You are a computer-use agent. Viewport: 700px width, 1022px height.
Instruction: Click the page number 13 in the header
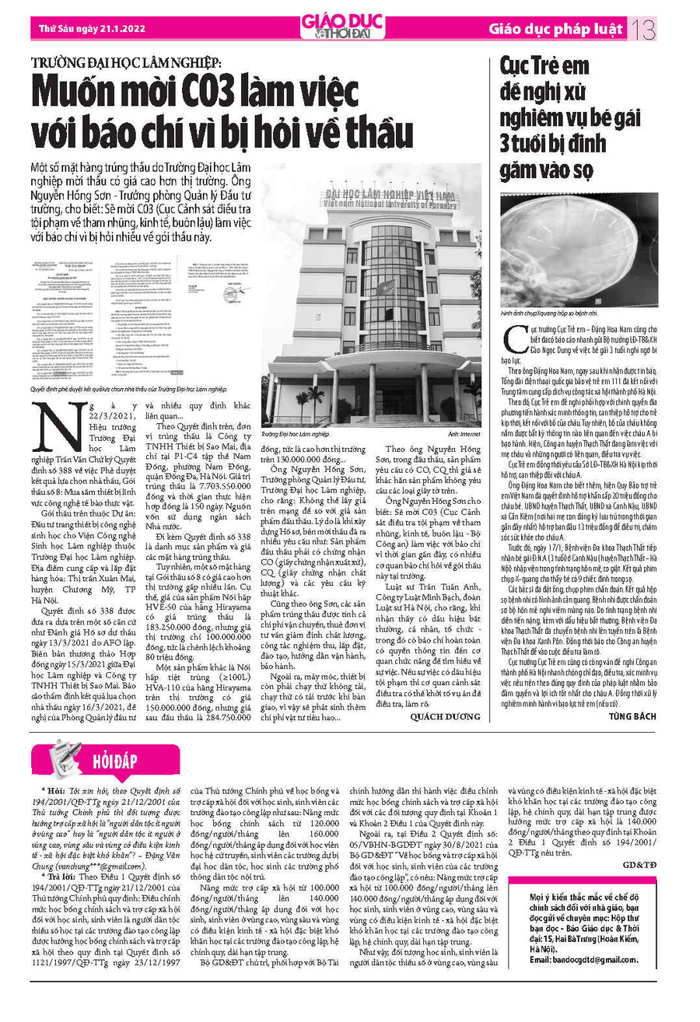(x=645, y=30)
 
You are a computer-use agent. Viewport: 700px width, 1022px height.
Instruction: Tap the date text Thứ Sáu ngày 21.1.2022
(x=85, y=30)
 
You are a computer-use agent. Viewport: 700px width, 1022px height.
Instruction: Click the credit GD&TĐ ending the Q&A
(x=640, y=864)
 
